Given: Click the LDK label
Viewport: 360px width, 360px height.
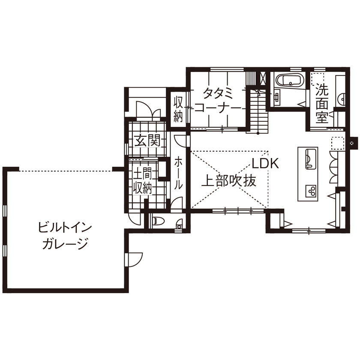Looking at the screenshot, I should pos(266,163).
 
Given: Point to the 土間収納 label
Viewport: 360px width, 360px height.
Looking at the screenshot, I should pos(142,181).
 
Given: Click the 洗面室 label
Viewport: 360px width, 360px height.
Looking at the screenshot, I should pos(322,104).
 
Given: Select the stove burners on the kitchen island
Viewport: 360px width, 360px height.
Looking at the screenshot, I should pos(310,190).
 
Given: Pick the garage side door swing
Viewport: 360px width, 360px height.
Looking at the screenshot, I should pos(135,259).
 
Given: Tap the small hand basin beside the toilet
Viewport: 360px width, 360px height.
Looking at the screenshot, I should pos(179,223).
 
